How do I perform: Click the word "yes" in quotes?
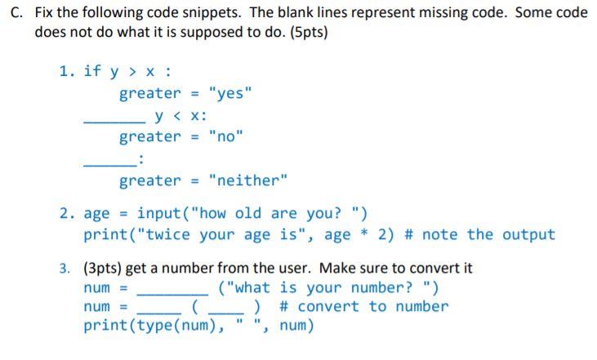click(x=231, y=94)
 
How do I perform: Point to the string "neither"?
click(x=247, y=180)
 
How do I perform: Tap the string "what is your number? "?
click(x=329, y=287)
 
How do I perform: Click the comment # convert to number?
click(x=363, y=307)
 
